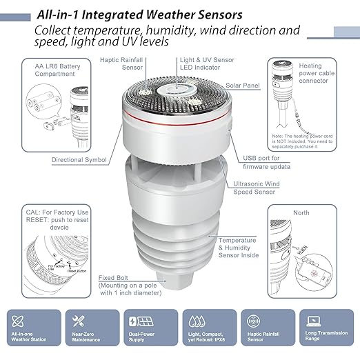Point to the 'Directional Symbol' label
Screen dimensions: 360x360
(x=79, y=160)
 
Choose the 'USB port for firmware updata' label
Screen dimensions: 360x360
(x=266, y=162)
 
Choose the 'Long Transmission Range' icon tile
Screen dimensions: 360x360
(x=326, y=329)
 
